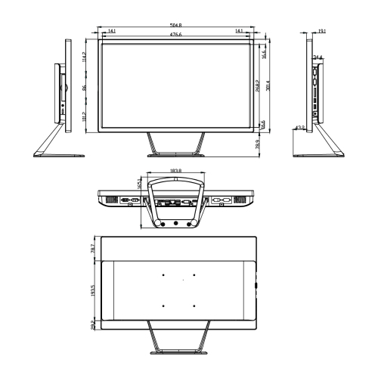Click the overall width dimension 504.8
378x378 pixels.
pos(175,26)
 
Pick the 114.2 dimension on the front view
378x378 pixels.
pos(85,57)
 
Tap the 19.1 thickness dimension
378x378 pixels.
pos(321,32)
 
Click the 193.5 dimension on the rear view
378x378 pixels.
pos(91,290)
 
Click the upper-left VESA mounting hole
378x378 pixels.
pos(163,274)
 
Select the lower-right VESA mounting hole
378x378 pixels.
pos(194,305)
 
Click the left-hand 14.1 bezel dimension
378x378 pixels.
pos(112,31)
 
